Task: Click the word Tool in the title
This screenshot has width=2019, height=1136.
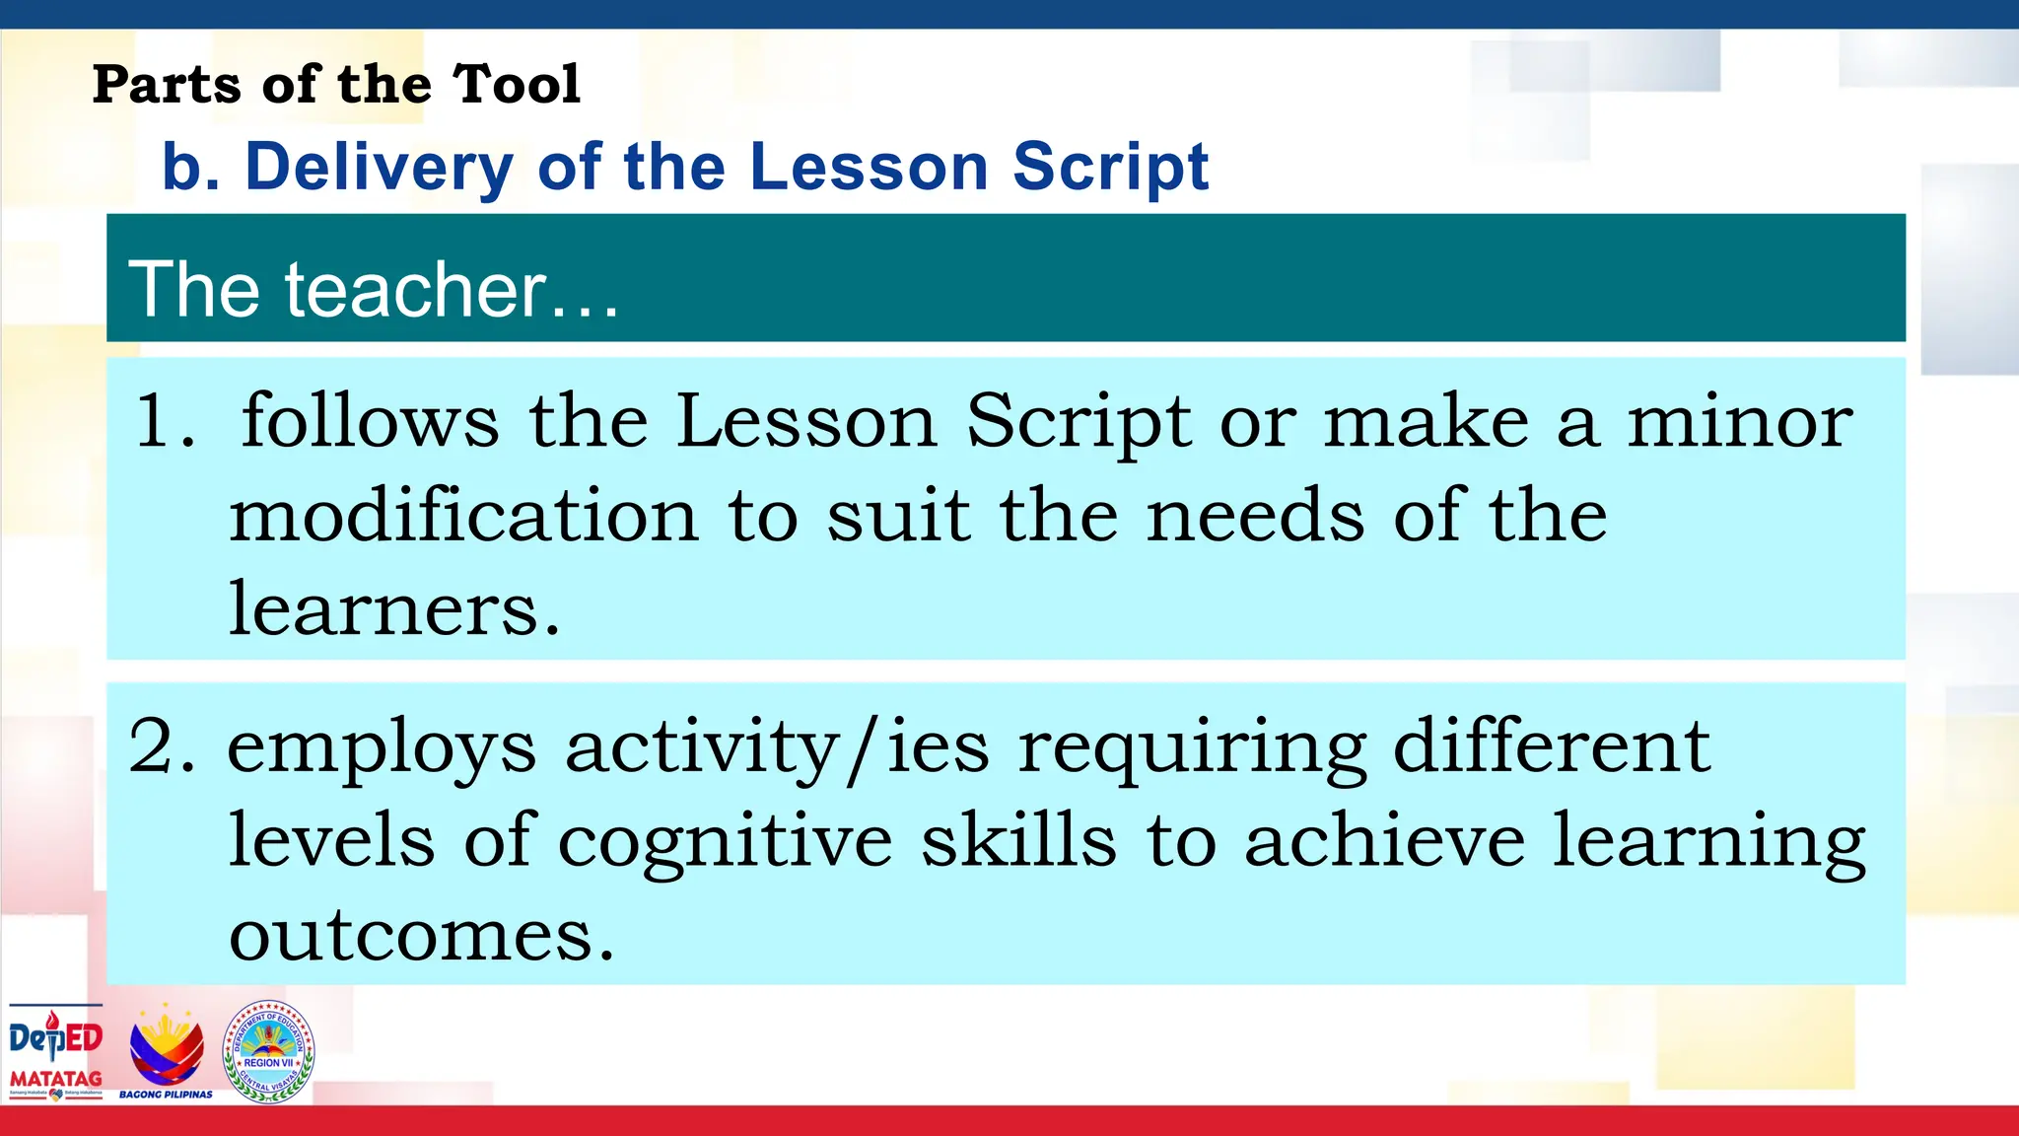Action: tap(517, 84)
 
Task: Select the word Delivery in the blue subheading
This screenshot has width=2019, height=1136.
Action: tap(379, 168)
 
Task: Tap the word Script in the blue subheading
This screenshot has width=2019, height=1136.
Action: tap(1110, 168)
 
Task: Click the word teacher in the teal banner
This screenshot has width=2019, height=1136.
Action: tap(415, 290)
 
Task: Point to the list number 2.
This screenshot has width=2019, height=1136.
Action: tap(161, 746)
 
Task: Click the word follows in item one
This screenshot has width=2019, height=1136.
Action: tap(370, 421)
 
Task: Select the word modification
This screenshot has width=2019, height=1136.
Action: tap(463, 516)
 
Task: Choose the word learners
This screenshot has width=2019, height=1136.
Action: tap(394, 609)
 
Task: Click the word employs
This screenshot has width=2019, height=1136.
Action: tap(382, 748)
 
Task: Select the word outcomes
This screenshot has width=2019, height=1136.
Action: tap(421, 934)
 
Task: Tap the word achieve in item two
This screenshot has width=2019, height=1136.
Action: tap(1384, 841)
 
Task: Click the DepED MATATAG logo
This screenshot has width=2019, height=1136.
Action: tap(55, 1052)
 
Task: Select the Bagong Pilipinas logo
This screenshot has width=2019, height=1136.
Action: tap(166, 1052)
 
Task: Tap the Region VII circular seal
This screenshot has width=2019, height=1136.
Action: tap(268, 1052)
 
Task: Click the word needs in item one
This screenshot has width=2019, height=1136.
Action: tap(1255, 516)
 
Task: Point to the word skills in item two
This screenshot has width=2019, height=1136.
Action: tap(1018, 841)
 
